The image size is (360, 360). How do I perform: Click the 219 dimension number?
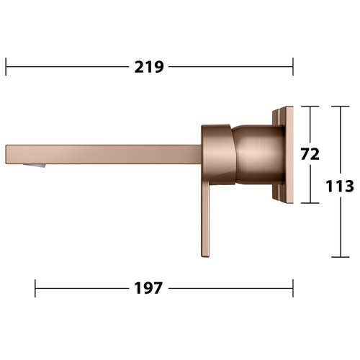[x=149, y=67]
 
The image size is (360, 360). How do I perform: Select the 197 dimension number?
[x=148, y=288]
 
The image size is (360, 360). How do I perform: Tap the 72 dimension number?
[x=310, y=154]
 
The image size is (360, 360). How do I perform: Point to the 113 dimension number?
[x=340, y=186]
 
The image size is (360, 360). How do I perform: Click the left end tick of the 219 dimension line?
[x=6, y=67]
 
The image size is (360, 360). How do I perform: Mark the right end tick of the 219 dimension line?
[x=293, y=67]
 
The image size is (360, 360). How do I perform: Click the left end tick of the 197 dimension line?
[x=35, y=288]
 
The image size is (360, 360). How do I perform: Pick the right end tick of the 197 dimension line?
[x=293, y=288]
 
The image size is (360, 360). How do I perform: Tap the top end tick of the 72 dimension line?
[x=310, y=106]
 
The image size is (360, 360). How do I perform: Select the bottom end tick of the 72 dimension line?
[x=310, y=203]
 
